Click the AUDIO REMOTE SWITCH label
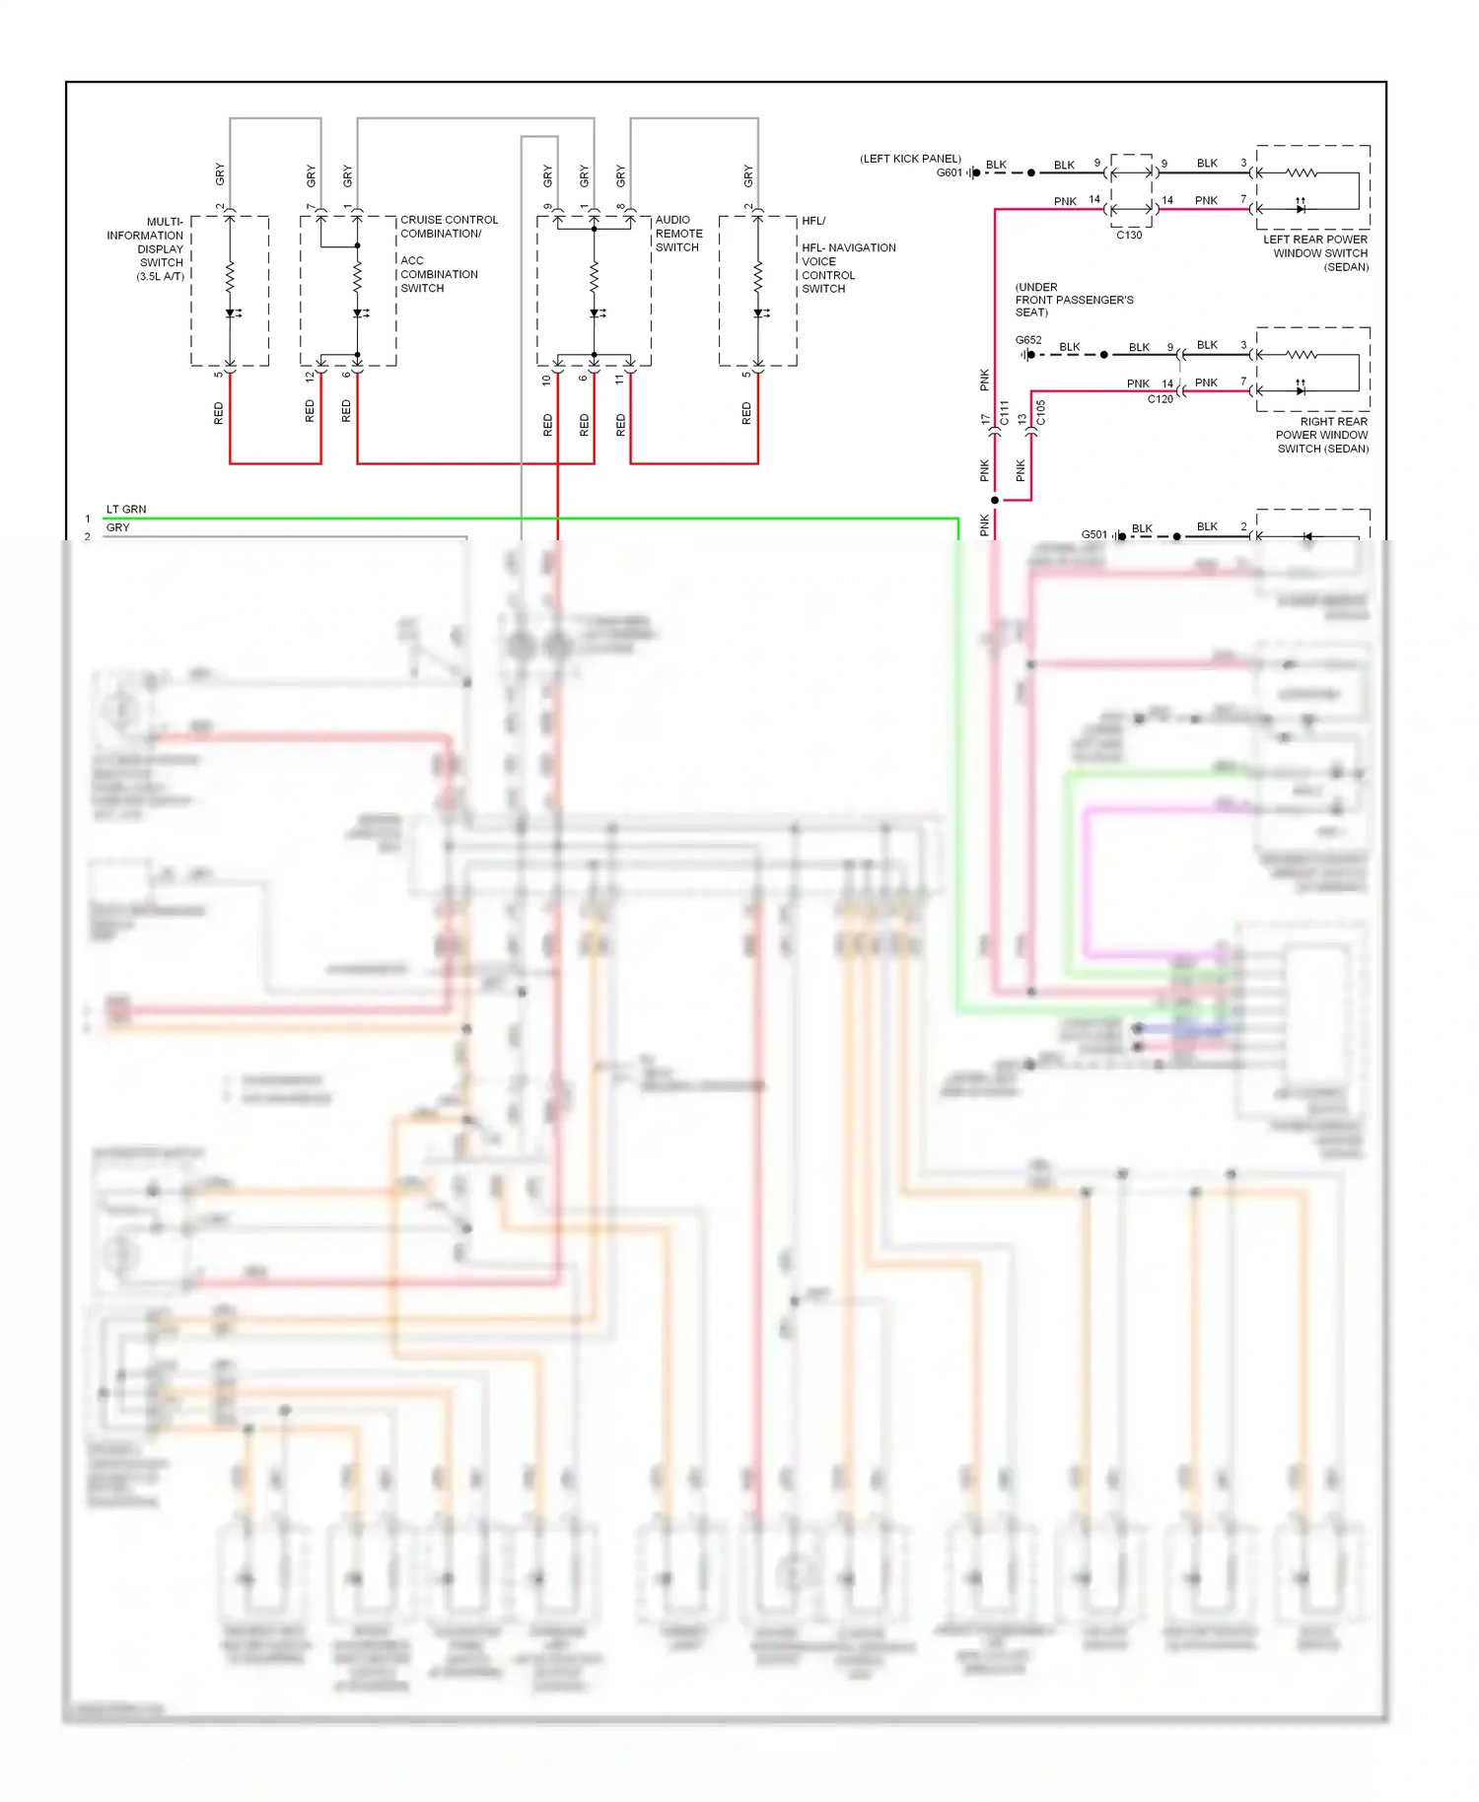678,234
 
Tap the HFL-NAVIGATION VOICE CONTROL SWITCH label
847,268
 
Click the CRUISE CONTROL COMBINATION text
449,227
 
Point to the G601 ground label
949,173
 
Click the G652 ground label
1028,340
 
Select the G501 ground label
1093,534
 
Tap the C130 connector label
1129,236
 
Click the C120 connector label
1160,399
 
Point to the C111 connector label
1005,413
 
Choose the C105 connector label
1041,413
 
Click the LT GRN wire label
126,510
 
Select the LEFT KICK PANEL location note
910,159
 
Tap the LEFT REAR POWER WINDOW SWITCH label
1317,253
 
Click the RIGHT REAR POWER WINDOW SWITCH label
1322,435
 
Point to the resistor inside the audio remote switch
595,277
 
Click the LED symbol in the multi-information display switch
231,313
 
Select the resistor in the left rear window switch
1302,173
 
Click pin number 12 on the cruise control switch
310,376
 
